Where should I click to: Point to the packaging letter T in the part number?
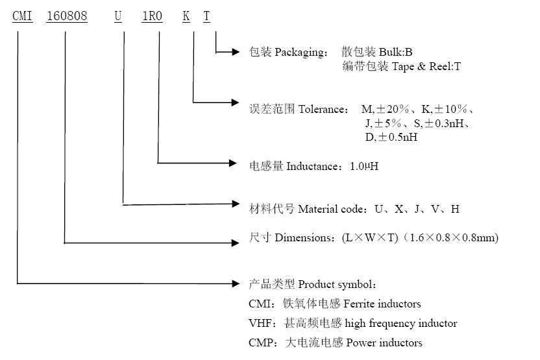(x=206, y=16)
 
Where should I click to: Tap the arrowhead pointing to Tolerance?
(x=236, y=102)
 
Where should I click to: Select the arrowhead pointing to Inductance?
(x=236, y=162)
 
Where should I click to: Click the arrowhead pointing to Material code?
(x=236, y=204)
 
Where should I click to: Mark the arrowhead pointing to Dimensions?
(x=236, y=243)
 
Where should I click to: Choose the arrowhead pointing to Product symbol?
(x=236, y=283)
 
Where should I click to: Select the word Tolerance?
(x=323, y=109)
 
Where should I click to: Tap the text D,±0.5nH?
(x=391, y=138)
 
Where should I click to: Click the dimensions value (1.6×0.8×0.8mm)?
(x=451, y=238)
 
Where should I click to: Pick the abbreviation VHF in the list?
(x=259, y=323)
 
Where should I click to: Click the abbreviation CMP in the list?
(x=259, y=342)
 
